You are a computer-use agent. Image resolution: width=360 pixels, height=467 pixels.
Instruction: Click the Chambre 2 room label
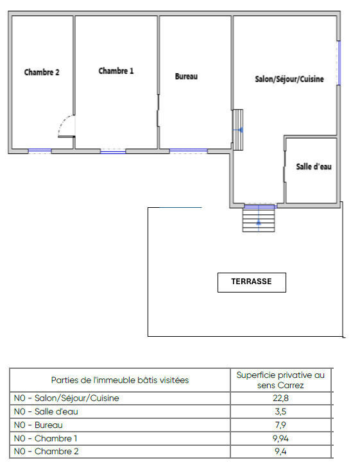tap(42, 72)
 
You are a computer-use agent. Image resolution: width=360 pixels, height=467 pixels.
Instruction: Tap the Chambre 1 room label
tap(116, 71)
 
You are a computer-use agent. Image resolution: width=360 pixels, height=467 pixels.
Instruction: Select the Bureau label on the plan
tap(186, 76)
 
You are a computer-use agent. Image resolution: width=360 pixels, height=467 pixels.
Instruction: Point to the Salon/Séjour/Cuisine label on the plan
tap(289, 80)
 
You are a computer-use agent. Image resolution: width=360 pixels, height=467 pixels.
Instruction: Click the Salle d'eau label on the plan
tap(314, 167)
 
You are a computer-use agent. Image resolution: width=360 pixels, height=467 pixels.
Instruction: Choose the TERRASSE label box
tap(252, 282)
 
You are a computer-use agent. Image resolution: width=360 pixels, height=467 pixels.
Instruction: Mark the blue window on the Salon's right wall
tap(339, 62)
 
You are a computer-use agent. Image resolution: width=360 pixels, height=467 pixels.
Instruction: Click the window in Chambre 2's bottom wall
tap(39, 151)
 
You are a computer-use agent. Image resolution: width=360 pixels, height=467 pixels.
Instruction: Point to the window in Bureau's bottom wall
tap(188, 151)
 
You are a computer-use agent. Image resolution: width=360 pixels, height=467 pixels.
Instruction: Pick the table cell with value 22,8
tap(280, 398)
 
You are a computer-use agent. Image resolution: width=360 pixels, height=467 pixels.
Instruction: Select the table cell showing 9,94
tap(280, 438)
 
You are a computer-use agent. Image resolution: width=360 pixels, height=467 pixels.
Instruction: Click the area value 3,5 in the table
tap(280, 412)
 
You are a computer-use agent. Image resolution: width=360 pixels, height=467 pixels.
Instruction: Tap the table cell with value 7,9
tap(280, 425)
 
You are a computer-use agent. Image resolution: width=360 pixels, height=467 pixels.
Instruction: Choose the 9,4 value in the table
tap(280, 452)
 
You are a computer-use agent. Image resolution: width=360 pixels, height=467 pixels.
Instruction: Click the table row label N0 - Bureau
tap(39, 425)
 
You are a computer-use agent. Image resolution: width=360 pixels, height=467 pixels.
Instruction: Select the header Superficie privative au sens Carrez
tap(280, 380)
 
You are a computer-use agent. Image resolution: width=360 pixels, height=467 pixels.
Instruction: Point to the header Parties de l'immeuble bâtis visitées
tap(120, 380)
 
